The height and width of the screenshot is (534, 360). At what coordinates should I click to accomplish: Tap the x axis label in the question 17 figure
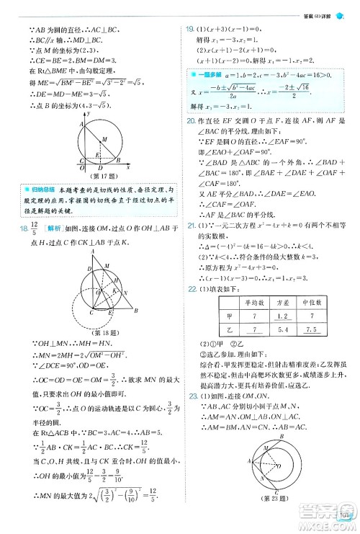[x=127, y=166]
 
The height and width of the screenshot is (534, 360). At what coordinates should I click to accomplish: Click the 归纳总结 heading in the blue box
[x=40, y=188]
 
